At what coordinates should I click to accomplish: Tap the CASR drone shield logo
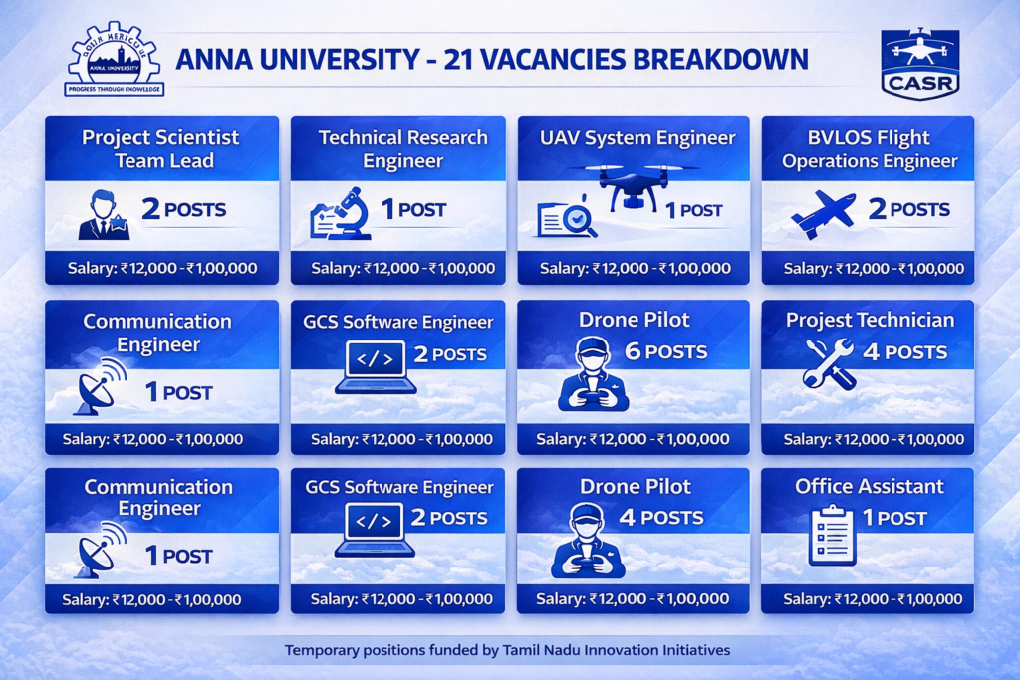(919, 63)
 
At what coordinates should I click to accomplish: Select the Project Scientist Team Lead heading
(161, 148)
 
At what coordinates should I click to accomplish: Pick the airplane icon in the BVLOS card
(823, 212)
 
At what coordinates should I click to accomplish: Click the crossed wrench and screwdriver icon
(829, 362)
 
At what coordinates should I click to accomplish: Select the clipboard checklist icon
(832, 534)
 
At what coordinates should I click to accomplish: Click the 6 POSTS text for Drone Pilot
(665, 351)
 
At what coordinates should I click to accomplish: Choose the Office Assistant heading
(868, 487)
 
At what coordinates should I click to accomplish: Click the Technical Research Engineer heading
(402, 148)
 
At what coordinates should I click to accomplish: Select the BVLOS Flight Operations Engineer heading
(870, 148)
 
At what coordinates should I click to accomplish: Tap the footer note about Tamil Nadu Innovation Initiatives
(508, 650)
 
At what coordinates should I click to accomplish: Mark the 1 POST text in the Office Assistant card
(894, 518)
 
